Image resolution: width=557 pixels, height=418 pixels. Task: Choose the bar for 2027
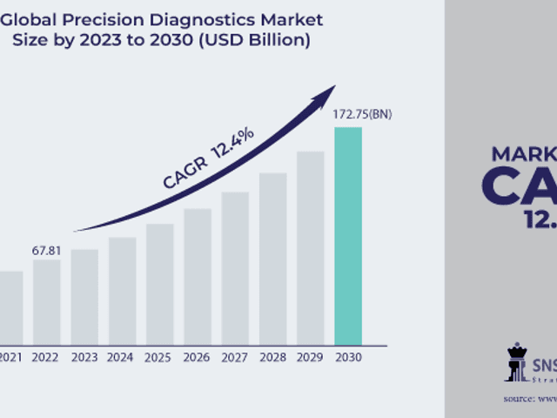[x=235, y=267]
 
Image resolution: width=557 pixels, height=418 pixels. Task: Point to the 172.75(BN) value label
[x=362, y=115]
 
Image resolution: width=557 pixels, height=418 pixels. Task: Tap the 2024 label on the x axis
[x=122, y=356]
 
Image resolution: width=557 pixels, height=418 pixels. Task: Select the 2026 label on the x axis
[x=198, y=356]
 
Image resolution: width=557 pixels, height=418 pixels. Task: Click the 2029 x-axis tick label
[x=310, y=356]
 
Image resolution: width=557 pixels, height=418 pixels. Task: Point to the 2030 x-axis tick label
[x=348, y=356]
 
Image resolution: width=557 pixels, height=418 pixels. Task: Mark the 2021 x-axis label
[x=10, y=356]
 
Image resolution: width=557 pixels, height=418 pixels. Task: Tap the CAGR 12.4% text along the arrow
[x=209, y=158]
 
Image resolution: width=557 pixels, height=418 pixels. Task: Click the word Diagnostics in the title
[x=208, y=19]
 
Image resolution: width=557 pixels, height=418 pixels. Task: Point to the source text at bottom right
[x=530, y=398]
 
